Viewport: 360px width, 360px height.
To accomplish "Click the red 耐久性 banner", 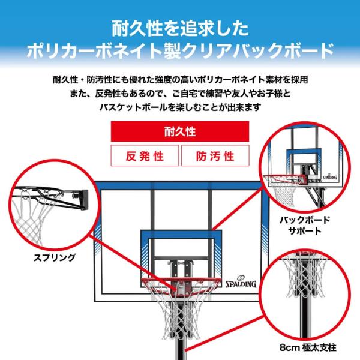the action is pyautogui.click(x=180, y=131).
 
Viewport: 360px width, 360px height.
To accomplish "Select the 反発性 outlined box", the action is pyautogui.click(x=145, y=155).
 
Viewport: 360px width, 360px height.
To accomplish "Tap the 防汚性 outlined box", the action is pyautogui.click(x=215, y=155).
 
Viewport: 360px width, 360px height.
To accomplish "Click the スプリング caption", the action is pyautogui.click(x=55, y=257).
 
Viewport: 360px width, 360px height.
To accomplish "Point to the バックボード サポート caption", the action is pyautogui.click(x=305, y=226).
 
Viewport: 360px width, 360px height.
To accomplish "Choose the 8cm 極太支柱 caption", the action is pyautogui.click(x=308, y=347).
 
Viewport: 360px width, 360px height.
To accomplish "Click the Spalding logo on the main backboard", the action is pyautogui.click(x=241, y=282).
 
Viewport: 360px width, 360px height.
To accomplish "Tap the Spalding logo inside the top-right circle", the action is pyautogui.click(x=329, y=176).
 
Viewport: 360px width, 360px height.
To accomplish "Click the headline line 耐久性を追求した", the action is pyautogui.click(x=180, y=29).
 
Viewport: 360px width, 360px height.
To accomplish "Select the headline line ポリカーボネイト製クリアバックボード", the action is pyautogui.click(x=180, y=51).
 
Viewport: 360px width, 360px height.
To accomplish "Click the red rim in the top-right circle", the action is pyautogui.click(x=285, y=178).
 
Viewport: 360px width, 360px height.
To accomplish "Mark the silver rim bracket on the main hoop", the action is pyautogui.click(x=180, y=289).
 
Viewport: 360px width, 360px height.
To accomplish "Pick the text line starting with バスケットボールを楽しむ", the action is pyautogui.click(x=180, y=107).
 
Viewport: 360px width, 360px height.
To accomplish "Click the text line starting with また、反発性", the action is pyautogui.click(x=180, y=94).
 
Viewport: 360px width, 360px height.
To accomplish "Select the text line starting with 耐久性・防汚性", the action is pyautogui.click(x=180, y=80).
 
